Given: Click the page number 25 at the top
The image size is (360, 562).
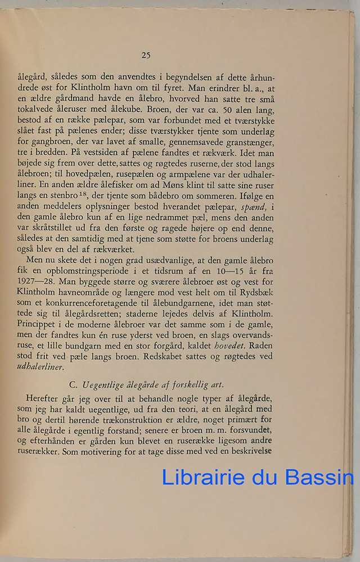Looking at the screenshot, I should pos(146,55).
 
